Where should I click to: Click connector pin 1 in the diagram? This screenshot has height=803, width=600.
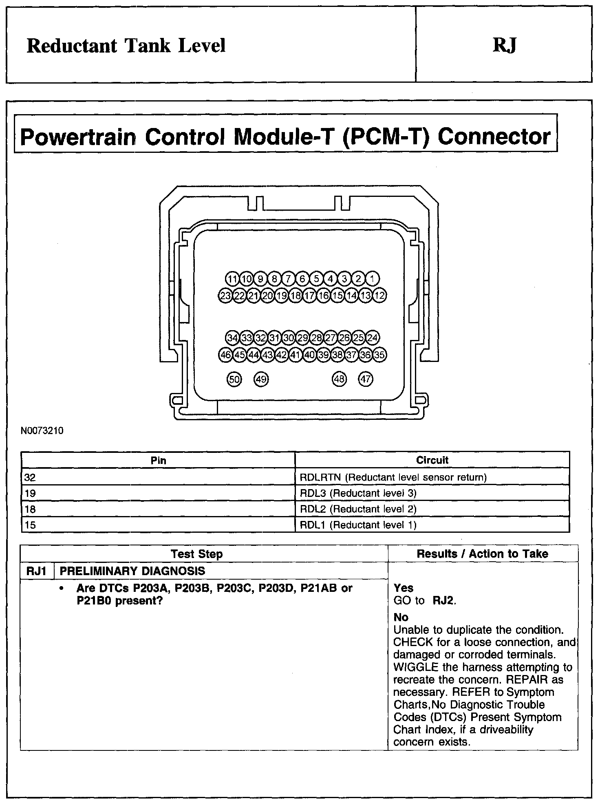click(x=372, y=279)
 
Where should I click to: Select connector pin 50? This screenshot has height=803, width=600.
click(x=234, y=379)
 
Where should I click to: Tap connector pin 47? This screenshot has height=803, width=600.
click(x=366, y=379)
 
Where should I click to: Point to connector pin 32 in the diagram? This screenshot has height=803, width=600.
click(x=260, y=338)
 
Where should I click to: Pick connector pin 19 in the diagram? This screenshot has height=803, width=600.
click(x=282, y=296)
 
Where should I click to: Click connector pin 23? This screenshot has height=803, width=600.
click(x=225, y=296)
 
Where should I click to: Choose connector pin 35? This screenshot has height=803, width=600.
click(x=379, y=355)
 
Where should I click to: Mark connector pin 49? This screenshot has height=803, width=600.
click(x=261, y=379)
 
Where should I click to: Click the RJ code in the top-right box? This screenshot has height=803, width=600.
click(x=505, y=46)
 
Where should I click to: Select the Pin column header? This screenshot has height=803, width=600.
click(x=158, y=460)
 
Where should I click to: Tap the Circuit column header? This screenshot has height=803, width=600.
click(x=432, y=460)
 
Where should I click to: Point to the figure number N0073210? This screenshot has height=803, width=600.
click(x=42, y=430)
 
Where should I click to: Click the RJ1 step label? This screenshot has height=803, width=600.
click(x=37, y=571)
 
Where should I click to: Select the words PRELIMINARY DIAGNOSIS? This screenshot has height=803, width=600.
click(x=132, y=571)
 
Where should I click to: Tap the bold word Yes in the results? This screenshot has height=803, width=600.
click(x=404, y=588)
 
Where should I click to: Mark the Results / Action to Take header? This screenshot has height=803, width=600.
click(x=482, y=554)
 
